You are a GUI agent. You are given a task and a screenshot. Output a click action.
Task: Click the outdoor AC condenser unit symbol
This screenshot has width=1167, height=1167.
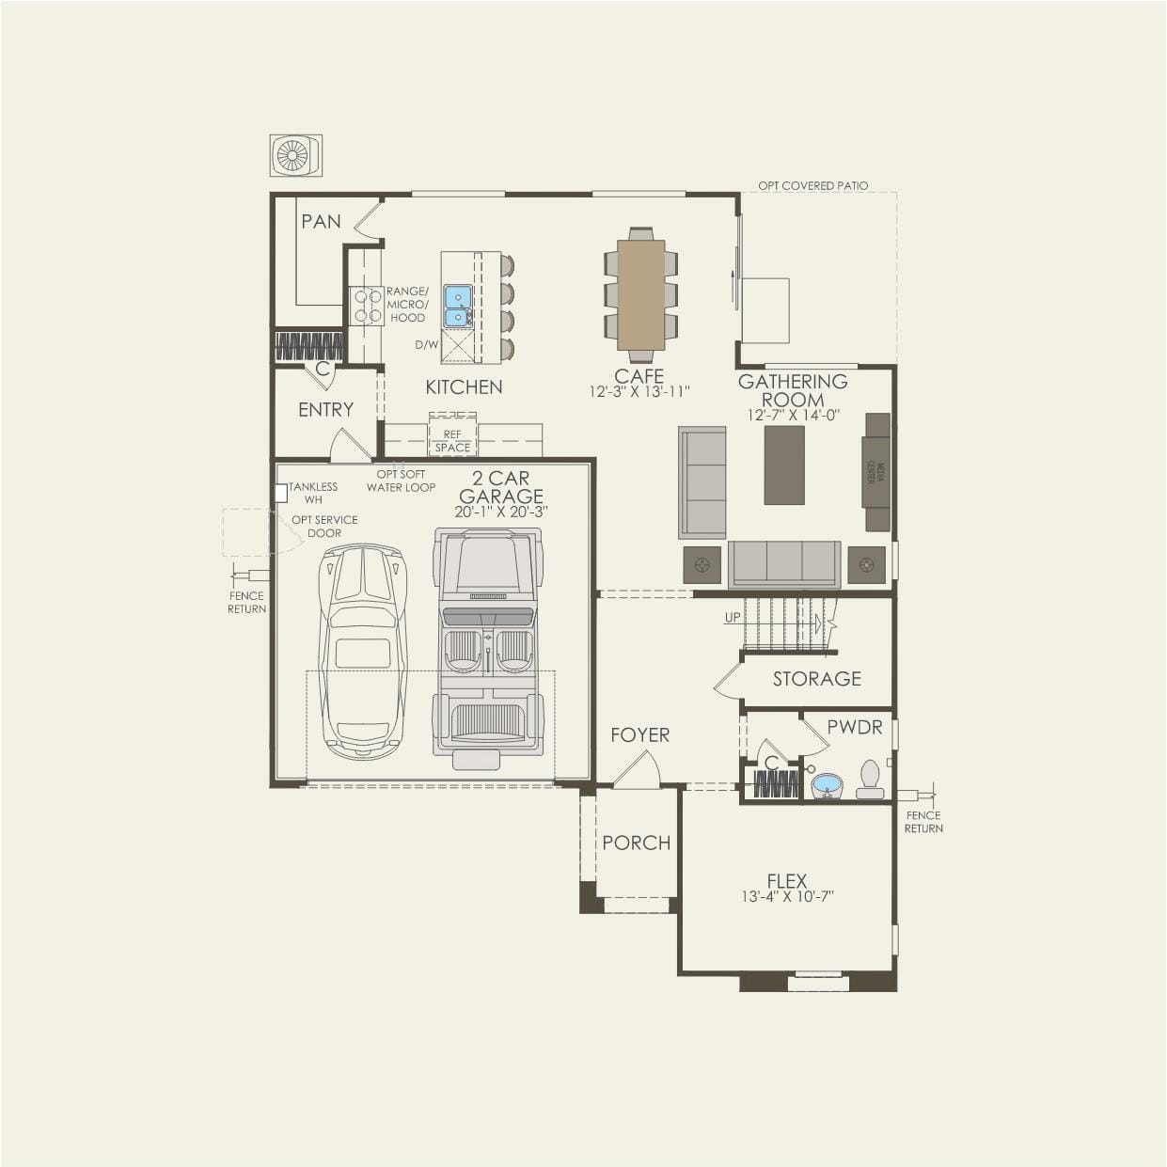(x=295, y=155)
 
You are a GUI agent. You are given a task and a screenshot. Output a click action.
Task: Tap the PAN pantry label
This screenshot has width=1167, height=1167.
(x=321, y=221)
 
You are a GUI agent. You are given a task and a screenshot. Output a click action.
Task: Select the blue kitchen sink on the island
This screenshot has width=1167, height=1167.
(x=458, y=306)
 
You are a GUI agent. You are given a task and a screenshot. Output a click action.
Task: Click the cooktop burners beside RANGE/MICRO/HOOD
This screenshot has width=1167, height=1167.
(x=366, y=306)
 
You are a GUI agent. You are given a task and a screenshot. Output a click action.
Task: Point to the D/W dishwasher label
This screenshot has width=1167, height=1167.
(x=426, y=345)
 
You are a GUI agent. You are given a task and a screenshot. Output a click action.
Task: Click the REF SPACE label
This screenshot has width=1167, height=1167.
(x=452, y=441)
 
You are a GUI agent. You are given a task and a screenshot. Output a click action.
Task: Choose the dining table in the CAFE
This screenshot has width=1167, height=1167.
(x=640, y=294)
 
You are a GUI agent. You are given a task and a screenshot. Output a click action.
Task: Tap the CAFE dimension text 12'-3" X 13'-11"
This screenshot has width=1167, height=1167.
(x=639, y=392)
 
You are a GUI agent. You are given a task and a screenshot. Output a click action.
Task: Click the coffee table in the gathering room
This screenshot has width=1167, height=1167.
(x=783, y=465)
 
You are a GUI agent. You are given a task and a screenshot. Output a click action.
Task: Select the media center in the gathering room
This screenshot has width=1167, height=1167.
(x=876, y=472)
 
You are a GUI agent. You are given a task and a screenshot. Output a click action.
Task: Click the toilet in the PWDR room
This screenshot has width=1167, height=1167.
(x=870, y=779)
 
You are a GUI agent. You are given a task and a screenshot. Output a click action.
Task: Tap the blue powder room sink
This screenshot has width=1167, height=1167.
(x=827, y=784)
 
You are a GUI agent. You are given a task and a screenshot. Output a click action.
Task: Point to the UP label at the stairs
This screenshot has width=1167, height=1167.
(x=733, y=618)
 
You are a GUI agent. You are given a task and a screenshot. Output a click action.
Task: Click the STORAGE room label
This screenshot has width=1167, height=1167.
(x=816, y=678)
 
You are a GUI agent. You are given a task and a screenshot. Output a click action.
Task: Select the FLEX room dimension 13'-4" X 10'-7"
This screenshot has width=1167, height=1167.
(x=787, y=897)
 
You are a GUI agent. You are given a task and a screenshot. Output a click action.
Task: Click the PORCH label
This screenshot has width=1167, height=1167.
(x=637, y=843)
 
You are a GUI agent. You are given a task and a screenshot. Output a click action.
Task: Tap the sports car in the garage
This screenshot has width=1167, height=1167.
(x=362, y=651)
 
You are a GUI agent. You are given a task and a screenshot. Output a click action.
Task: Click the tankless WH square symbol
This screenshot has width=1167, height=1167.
(x=280, y=493)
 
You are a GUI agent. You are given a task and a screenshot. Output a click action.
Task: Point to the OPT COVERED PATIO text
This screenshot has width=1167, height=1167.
(x=812, y=185)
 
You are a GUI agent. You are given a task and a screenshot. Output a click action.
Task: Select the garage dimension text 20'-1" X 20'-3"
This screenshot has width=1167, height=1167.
(x=500, y=512)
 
